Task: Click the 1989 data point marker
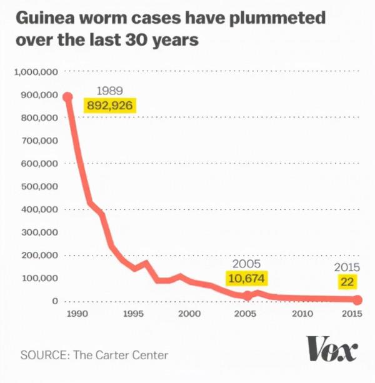coord(67,97)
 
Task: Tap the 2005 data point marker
coord(247,296)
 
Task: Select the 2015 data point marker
coord(357,301)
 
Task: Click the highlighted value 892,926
coord(110,105)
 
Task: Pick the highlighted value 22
coord(347,282)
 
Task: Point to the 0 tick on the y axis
coord(55,301)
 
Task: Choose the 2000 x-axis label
coord(189,314)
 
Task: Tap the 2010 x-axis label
coord(302,314)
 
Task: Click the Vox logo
coord(332,349)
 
